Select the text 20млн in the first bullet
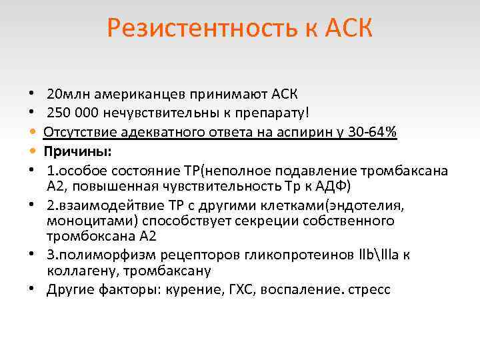[65, 93]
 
